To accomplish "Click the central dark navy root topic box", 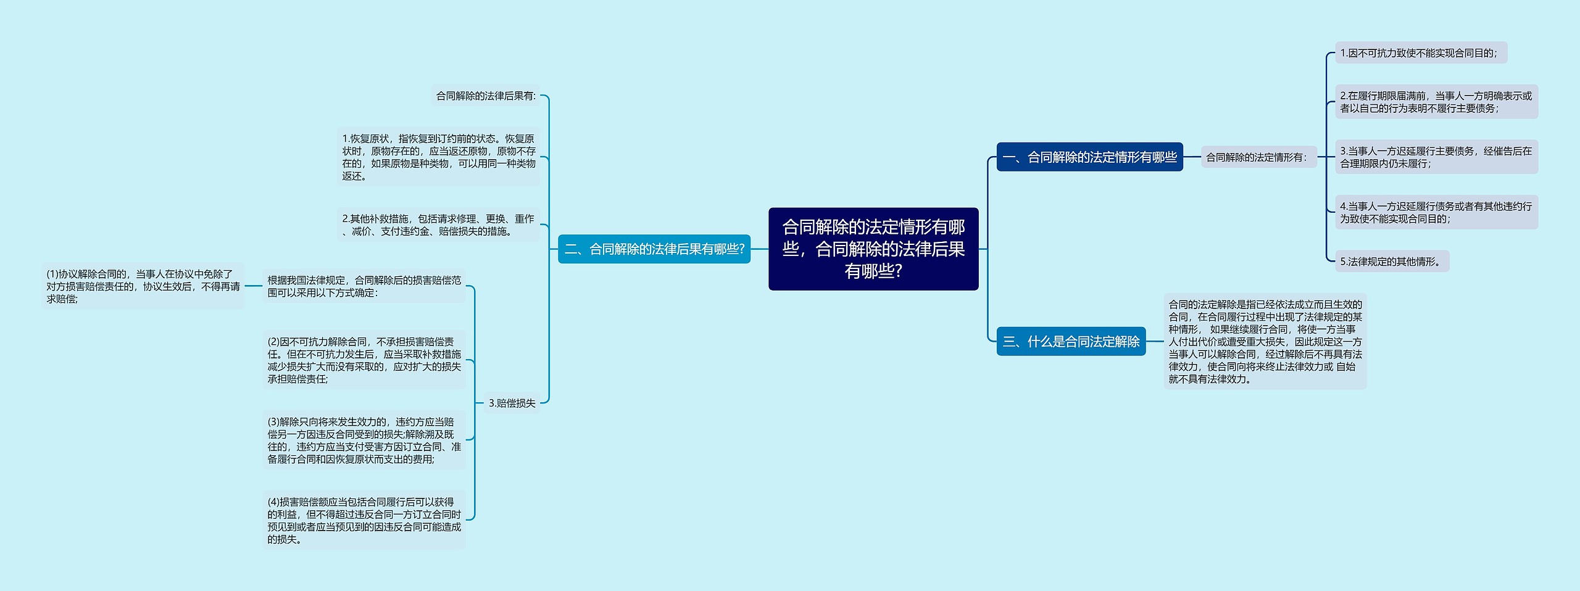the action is pos(873,249).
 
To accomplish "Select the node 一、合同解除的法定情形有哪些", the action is pos(1089,157).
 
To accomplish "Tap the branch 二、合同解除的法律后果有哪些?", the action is pos(654,249).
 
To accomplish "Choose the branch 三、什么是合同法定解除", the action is pos(1071,341).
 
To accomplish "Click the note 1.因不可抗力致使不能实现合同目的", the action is pos(1420,53).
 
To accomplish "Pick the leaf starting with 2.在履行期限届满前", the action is pos(1436,102).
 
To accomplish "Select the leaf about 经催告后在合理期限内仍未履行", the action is pos(1436,157).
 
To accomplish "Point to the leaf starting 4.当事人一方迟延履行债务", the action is pos(1436,212).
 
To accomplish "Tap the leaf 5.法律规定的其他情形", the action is pos(1391,262).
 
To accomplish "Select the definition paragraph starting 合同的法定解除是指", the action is pos(1265,341).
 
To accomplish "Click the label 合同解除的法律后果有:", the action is pos(486,96).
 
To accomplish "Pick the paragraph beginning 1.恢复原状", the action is pos(438,157).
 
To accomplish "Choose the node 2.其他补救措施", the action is pos(438,225).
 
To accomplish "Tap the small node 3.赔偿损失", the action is pos(512,403).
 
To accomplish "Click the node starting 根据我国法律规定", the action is pos(364,286).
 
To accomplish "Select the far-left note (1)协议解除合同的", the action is pos(143,286).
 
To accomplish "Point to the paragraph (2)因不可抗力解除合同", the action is pos(364,360).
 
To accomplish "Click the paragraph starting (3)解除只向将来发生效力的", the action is pos(364,440).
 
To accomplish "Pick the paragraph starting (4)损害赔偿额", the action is pos(364,520).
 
